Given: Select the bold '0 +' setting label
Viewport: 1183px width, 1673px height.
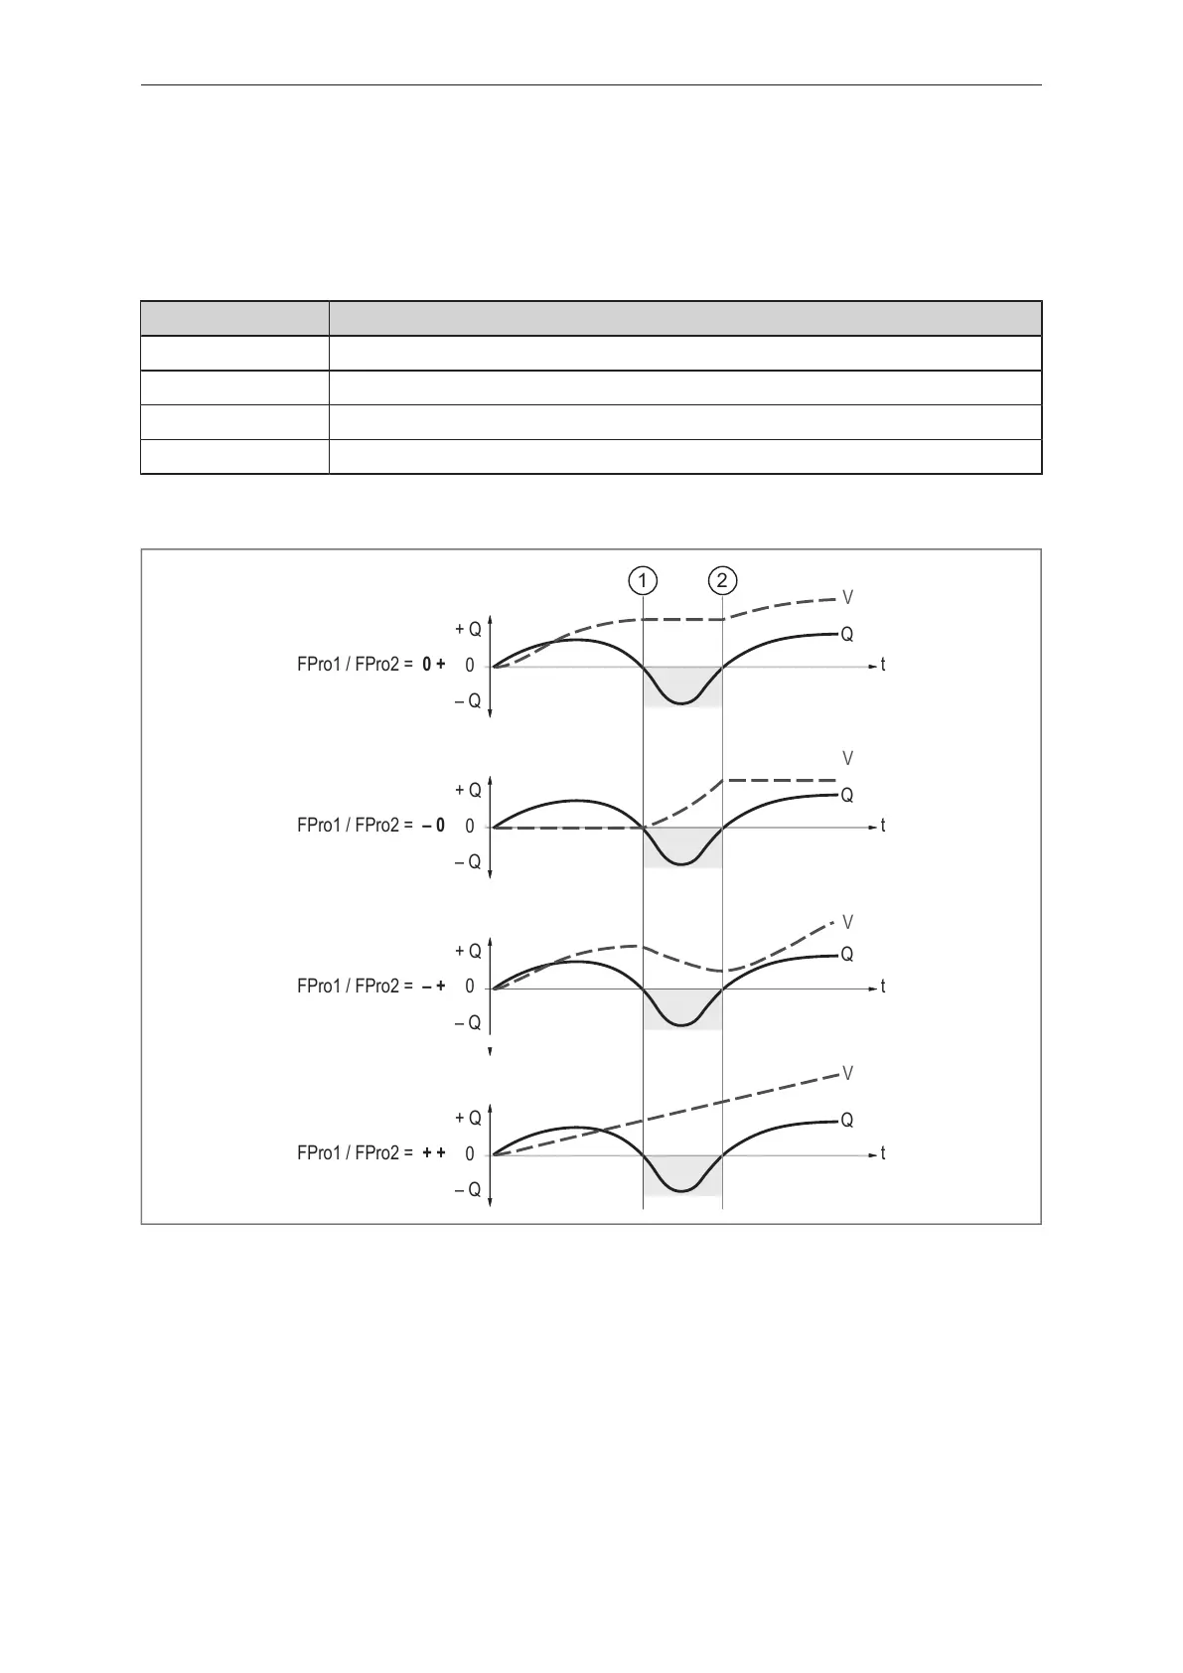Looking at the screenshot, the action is [433, 666].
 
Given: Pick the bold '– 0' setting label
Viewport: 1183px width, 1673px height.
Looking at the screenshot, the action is [433, 826].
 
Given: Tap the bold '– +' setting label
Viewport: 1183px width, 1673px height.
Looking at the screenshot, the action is [433, 987].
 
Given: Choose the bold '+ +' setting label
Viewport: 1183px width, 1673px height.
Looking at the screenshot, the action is [433, 1153].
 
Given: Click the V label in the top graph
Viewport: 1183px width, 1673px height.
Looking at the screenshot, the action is [848, 598].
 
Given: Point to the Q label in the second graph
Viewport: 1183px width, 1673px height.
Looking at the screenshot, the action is [847, 795].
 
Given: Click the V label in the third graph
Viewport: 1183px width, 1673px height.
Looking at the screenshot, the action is [848, 922].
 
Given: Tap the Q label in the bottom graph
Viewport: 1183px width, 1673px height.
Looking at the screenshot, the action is [847, 1121].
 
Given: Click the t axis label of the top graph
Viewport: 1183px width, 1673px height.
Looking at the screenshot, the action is [882, 666].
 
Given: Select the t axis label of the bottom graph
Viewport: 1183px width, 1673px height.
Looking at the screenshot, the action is [882, 1154].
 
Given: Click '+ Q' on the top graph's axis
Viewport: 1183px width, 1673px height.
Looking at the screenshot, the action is [468, 630].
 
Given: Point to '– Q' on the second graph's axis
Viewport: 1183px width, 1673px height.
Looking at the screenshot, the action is [468, 862].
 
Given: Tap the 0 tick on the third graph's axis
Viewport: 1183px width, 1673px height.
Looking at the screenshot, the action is [470, 987].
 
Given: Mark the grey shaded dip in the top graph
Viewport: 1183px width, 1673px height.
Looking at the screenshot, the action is [681, 685].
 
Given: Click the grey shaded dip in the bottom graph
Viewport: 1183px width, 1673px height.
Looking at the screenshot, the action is [681, 1173].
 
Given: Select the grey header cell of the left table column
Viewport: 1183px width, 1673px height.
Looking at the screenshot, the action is [234, 319].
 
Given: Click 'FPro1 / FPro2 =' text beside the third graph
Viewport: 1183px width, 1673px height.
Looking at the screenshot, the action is [355, 987].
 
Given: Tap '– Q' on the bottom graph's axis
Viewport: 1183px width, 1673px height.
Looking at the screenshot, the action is [468, 1190].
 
